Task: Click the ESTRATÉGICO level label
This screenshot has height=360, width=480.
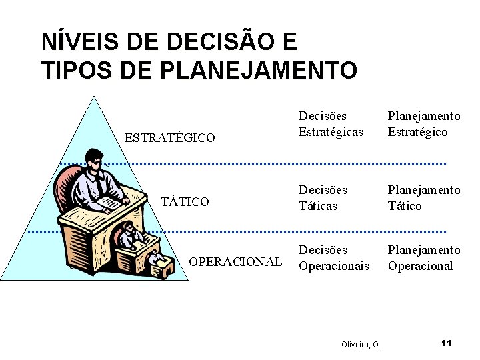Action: pyautogui.click(x=170, y=138)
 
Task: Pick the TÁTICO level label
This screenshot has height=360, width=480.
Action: pyautogui.click(x=185, y=201)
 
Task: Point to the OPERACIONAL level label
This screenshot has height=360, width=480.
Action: pyautogui.click(x=235, y=261)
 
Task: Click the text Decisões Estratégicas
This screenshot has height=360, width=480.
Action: pyautogui.click(x=331, y=124)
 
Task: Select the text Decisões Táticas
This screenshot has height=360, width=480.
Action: pyautogui.click(x=323, y=198)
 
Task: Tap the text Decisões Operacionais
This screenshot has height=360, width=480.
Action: pyautogui.click(x=333, y=258)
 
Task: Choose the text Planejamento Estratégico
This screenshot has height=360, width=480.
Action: pyautogui.click(x=424, y=124)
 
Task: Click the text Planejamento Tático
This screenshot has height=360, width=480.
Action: pyautogui.click(x=424, y=198)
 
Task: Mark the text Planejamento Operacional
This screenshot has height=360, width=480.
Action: pyautogui.click(x=424, y=258)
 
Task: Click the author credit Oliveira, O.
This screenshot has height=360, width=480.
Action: pyautogui.click(x=361, y=345)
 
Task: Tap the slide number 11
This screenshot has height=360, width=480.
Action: pyautogui.click(x=446, y=343)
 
